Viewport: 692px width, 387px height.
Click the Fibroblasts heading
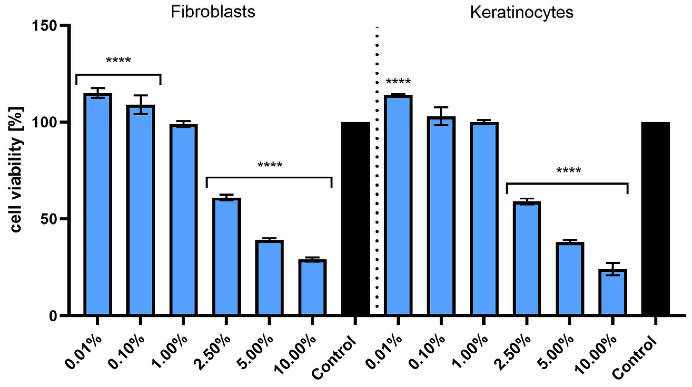pyautogui.click(x=213, y=12)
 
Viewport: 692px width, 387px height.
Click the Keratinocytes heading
pyautogui.click(x=522, y=12)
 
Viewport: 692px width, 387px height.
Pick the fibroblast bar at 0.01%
pyautogui.click(x=97, y=204)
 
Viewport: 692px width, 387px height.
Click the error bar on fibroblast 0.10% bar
pyautogui.click(x=141, y=105)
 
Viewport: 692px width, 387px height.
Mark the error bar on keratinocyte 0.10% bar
pyautogui.click(x=441, y=116)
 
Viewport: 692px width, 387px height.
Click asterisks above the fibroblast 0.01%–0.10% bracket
pyautogui.click(x=118, y=59)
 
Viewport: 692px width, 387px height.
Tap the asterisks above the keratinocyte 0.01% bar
pyautogui.click(x=398, y=81)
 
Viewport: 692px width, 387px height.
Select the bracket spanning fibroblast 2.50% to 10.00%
pyautogui.click(x=269, y=177)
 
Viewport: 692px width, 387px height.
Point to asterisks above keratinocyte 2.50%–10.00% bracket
pyautogui.click(x=569, y=170)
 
